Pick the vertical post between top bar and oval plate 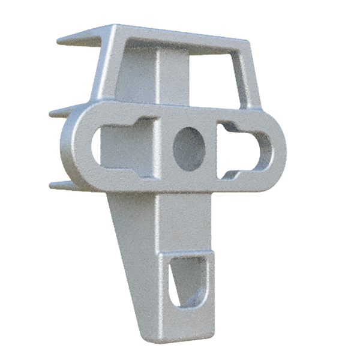pos(174,78)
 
